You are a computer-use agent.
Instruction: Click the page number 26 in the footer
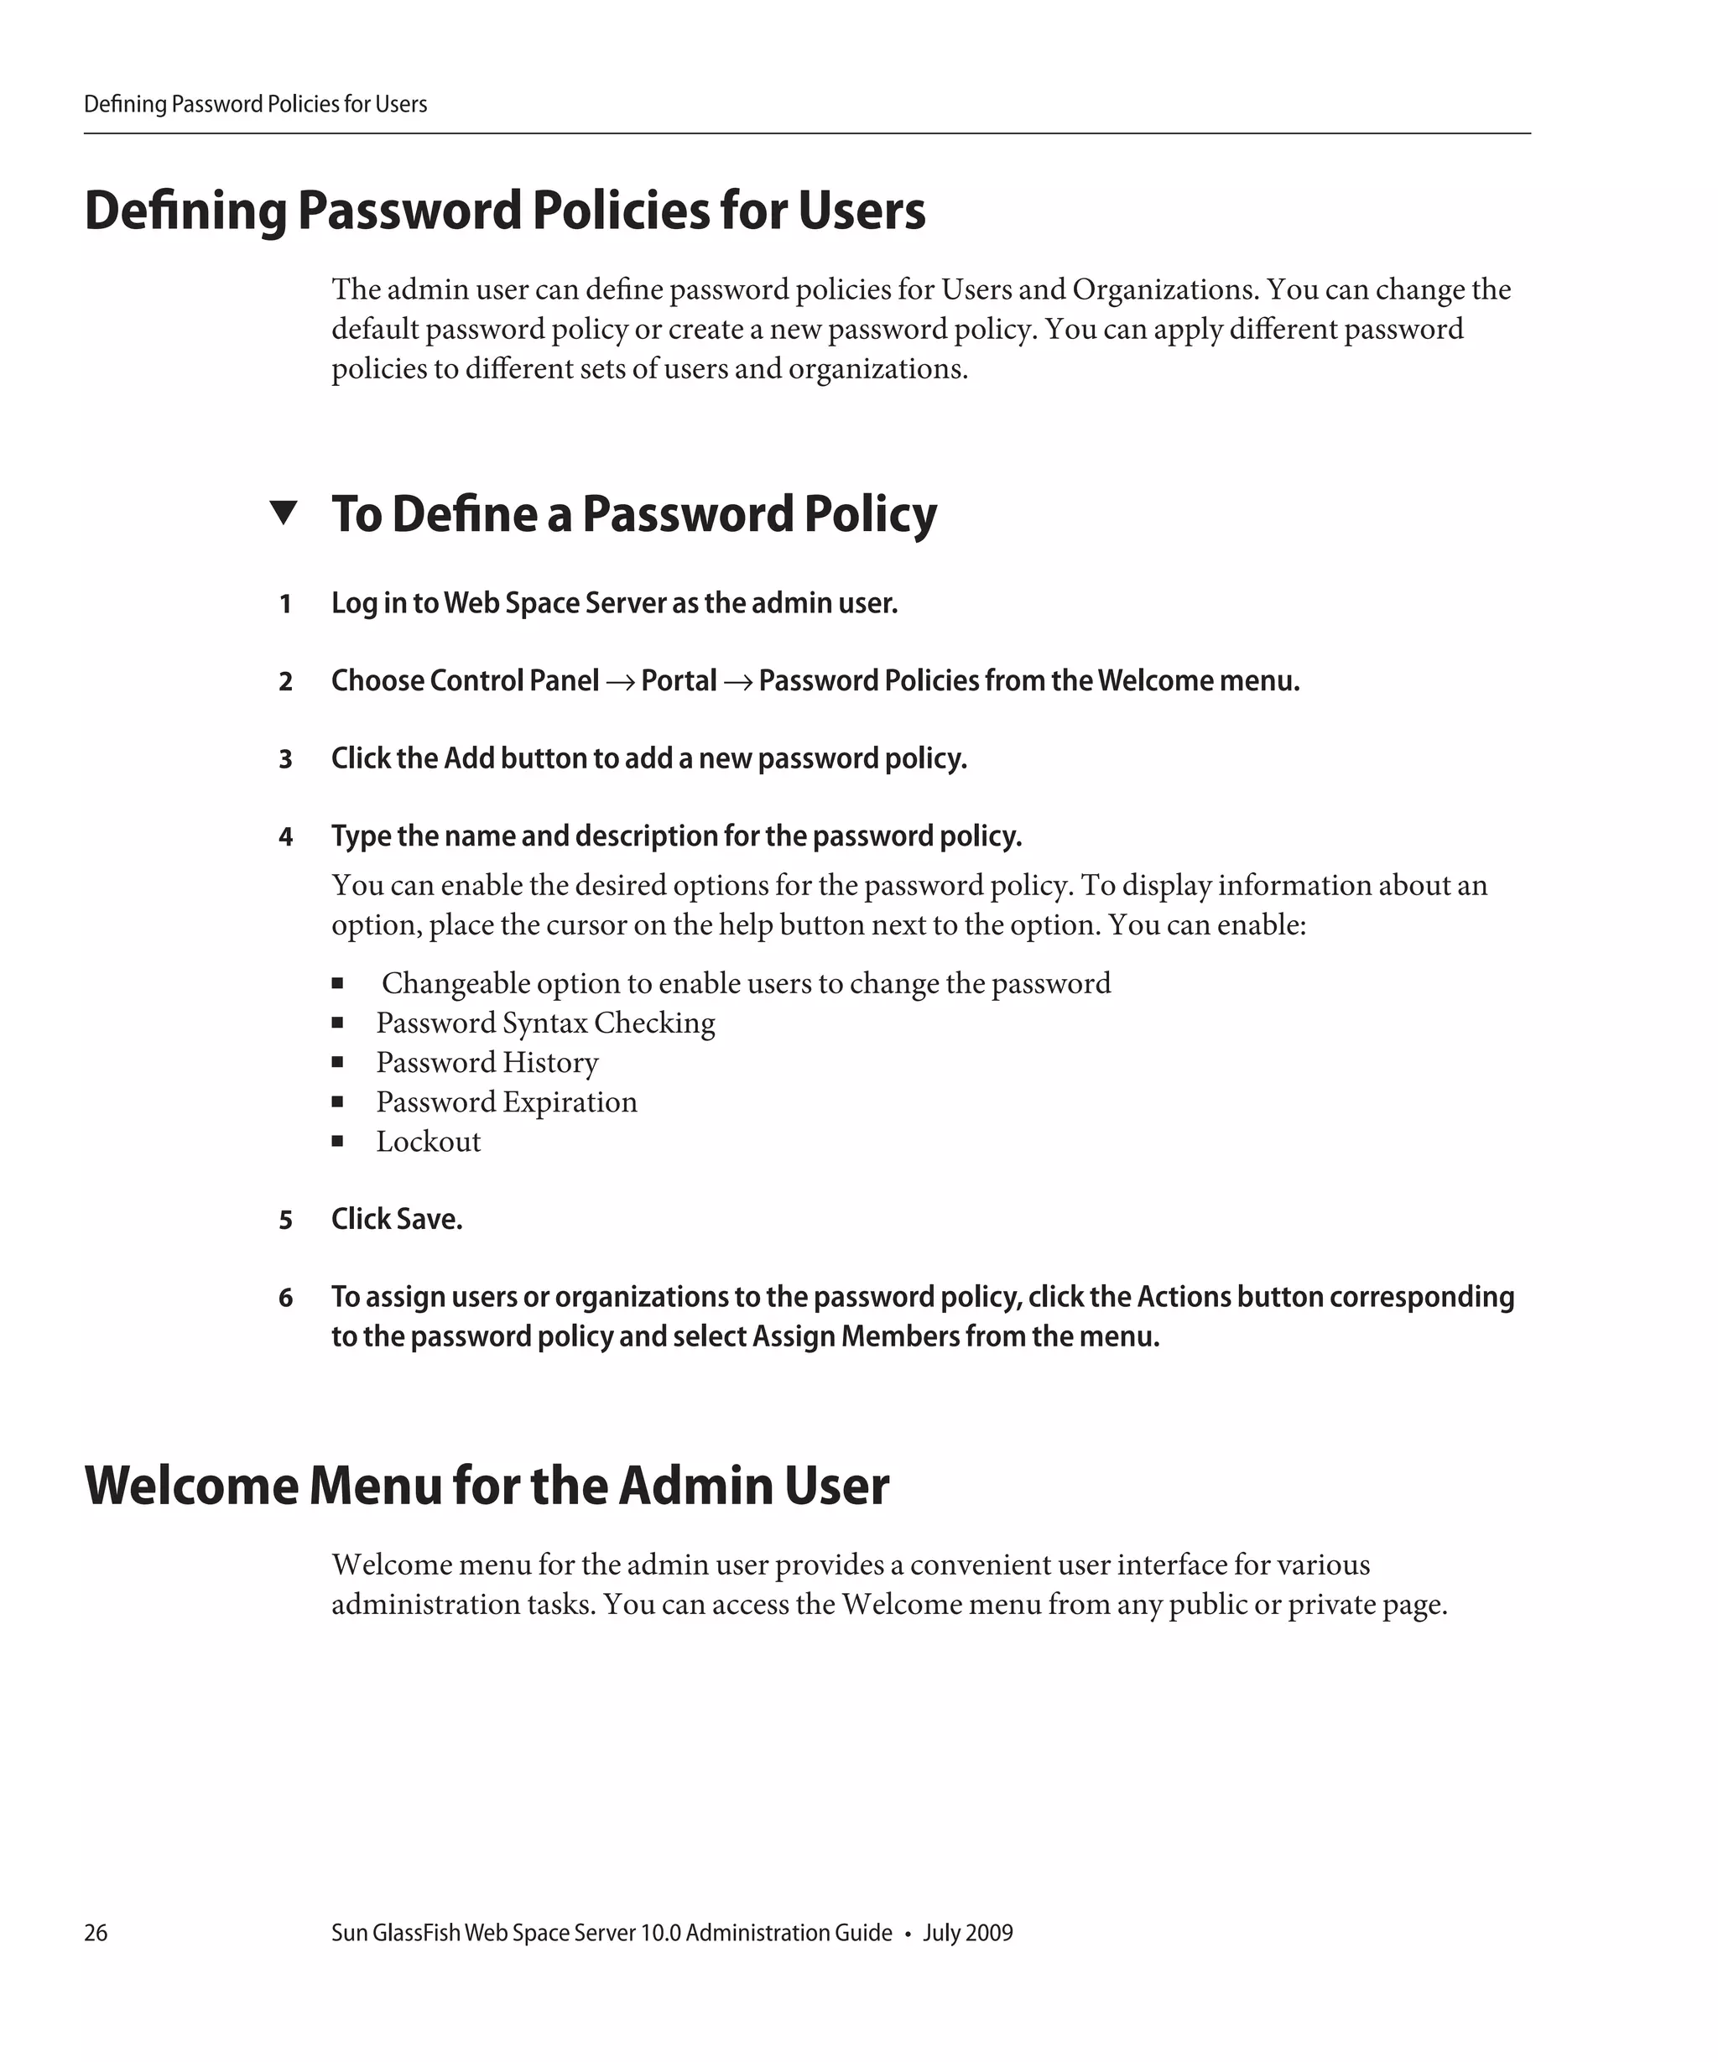tap(96, 1932)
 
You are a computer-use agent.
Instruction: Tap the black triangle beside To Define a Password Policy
tap(283, 512)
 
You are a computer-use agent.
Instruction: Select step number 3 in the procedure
tap(284, 759)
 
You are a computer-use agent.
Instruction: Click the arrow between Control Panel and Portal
tap(619, 681)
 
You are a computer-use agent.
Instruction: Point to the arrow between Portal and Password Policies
tap(737, 681)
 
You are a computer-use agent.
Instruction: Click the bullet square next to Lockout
tap(336, 1141)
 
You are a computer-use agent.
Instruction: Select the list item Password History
tap(487, 1062)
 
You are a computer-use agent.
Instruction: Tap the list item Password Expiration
tap(507, 1101)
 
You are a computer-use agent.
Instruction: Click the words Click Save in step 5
tap(397, 1219)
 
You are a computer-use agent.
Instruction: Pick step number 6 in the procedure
tap(284, 1297)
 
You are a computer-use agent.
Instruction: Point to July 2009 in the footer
tap(967, 1932)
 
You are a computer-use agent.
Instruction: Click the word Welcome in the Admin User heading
tap(190, 1485)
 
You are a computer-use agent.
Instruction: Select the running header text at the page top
tap(255, 104)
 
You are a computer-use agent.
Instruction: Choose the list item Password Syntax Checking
tap(545, 1023)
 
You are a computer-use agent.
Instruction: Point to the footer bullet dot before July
tap(907, 1934)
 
